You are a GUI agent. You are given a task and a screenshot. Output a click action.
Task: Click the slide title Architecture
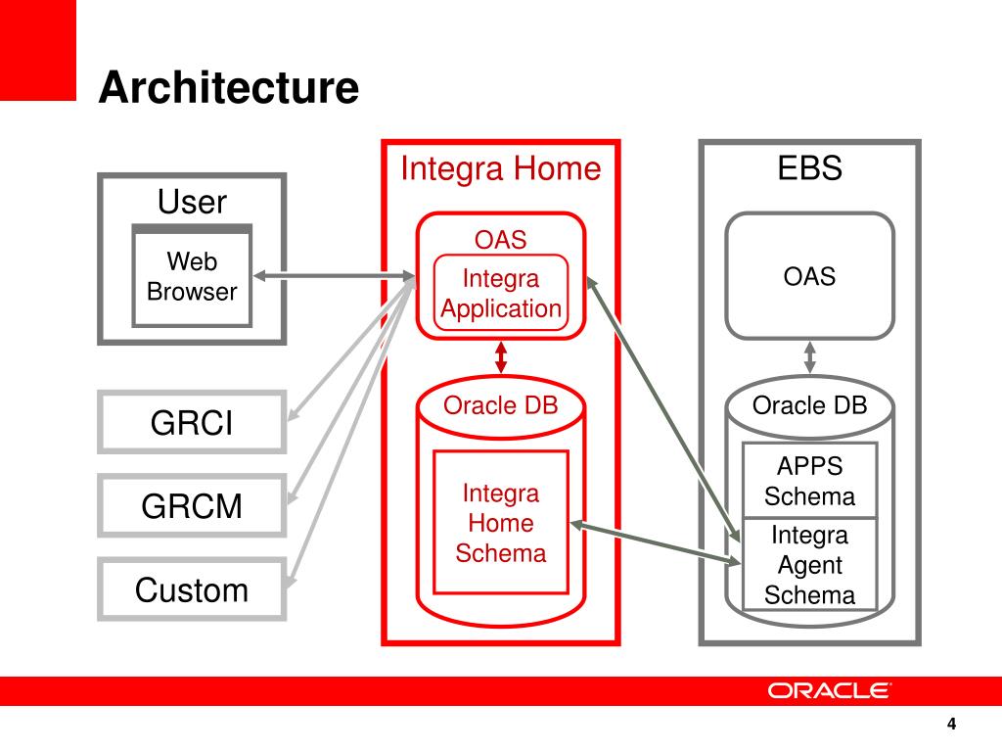click(x=229, y=86)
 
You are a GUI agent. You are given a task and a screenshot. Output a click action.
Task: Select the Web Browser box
click(x=192, y=275)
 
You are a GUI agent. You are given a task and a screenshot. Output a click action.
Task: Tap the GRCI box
click(x=192, y=423)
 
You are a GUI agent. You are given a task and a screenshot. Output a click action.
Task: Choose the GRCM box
click(x=192, y=506)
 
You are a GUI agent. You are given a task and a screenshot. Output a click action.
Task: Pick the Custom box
click(x=192, y=589)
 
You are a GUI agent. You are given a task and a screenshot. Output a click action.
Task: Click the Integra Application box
click(x=501, y=293)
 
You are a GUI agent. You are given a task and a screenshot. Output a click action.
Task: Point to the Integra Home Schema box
click(x=501, y=523)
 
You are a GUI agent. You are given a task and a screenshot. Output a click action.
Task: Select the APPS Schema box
click(x=809, y=480)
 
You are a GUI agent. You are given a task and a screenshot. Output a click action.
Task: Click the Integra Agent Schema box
click(x=809, y=564)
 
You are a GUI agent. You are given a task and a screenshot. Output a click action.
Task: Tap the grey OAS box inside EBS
click(x=809, y=275)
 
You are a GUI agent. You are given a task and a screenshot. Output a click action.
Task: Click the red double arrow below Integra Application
click(x=501, y=357)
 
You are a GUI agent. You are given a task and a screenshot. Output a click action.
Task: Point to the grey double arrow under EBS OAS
click(x=809, y=357)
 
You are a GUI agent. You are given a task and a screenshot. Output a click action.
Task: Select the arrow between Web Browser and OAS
click(x=335, y=276)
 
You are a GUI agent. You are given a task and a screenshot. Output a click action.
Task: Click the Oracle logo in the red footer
click(x=829, y=691)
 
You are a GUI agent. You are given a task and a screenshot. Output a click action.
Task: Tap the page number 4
click(x=951, y=724)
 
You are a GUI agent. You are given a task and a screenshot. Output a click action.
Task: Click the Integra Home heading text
click(x=501, y=168)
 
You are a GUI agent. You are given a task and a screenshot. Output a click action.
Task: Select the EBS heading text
click(x=809, y=168)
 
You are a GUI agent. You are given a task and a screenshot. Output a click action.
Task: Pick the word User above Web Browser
click(x=192, y=202)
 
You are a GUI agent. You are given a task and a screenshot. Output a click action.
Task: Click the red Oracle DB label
click(x=501, y=404)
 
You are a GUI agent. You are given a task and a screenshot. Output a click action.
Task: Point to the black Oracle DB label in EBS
click(x=809, y=404)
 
